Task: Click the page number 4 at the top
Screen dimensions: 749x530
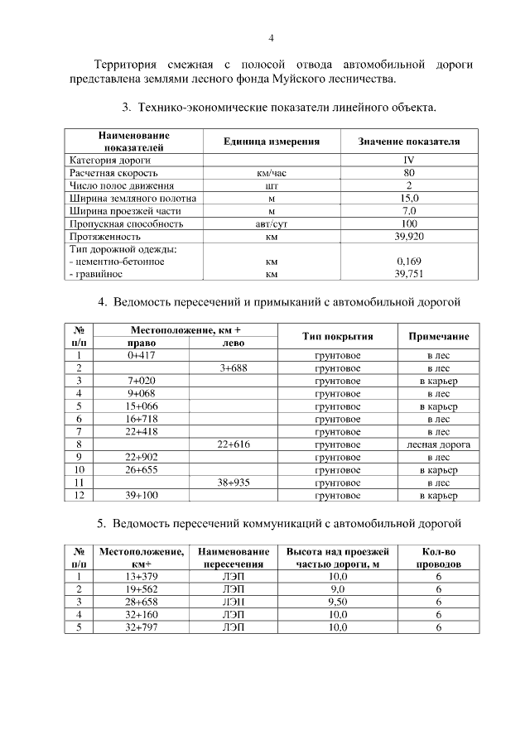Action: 270,37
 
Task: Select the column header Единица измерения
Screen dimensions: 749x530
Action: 271,142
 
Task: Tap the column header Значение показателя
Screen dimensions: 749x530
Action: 408,142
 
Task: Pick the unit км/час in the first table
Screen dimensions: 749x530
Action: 271,173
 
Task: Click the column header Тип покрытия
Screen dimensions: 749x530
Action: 337,336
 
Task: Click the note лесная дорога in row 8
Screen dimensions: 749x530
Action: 438,444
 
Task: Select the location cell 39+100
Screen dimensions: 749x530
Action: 142,495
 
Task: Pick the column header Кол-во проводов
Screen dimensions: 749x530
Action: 438,557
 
